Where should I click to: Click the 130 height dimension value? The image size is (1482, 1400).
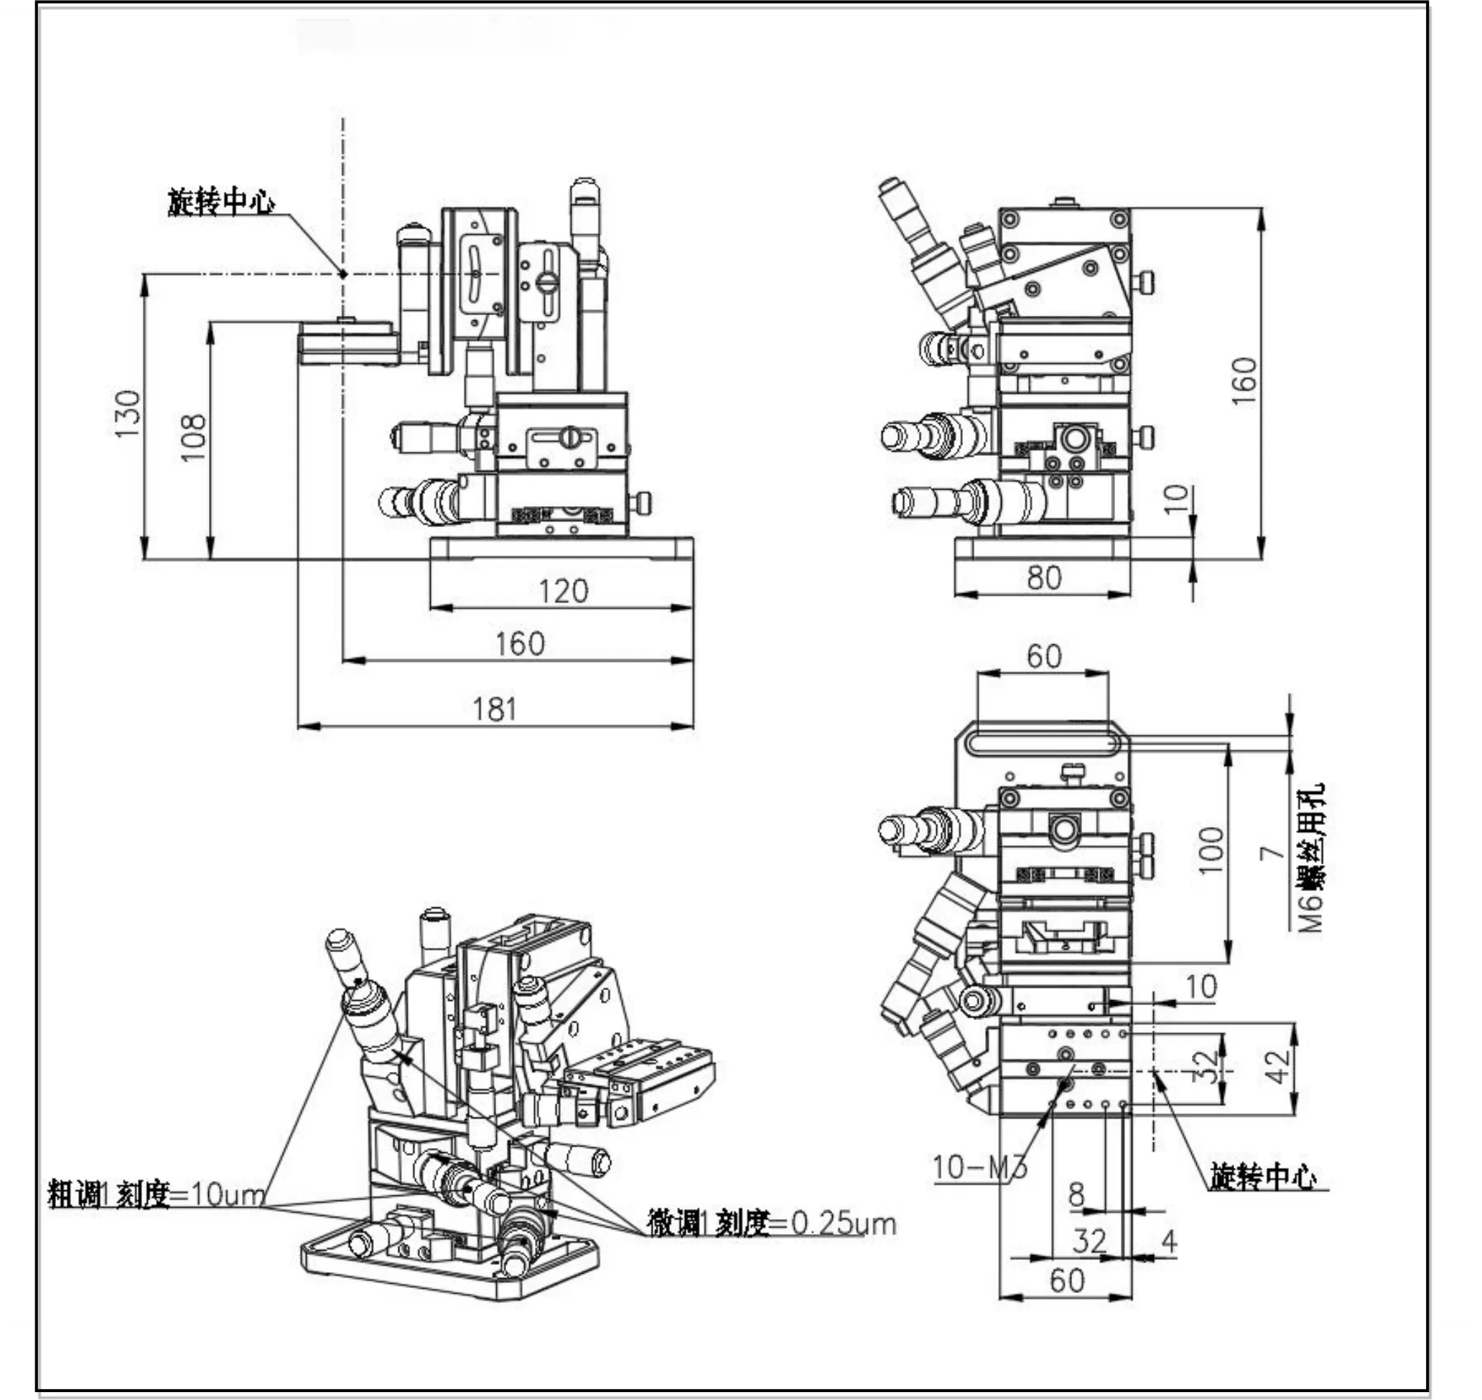128,414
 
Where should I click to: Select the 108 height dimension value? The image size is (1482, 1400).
193,437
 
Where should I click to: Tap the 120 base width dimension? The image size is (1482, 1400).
564,592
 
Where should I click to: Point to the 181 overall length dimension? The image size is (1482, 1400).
495,709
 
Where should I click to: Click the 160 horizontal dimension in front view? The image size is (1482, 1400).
520,644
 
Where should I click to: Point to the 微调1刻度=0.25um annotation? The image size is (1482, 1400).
771,1224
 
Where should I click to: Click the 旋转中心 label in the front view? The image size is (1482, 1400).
221,202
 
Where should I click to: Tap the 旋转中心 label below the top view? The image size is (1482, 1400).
1263,1177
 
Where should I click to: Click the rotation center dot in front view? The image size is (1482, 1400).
343,274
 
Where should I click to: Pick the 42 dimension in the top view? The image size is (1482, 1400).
1277,1065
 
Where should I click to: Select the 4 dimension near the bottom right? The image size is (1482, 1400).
1170,1241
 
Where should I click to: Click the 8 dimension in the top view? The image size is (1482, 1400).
1076,1195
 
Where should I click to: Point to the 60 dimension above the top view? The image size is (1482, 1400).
1043,657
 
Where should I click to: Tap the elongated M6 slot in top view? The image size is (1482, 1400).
1043,744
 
